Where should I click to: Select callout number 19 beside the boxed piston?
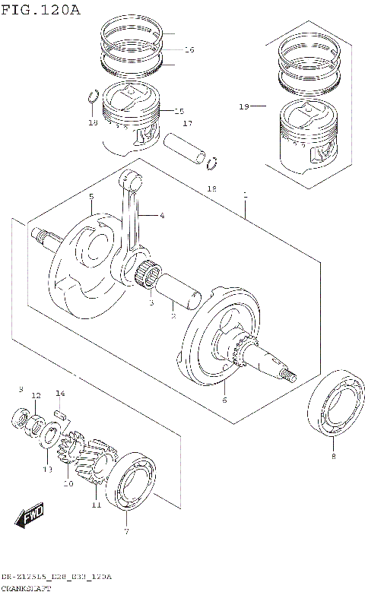(x=243, y=107)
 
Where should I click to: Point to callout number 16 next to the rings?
(x=189, y=49)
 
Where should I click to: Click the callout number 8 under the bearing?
(x=332, y=457)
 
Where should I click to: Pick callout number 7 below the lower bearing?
(x=126, y=532)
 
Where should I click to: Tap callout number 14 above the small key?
(x=60, y=393)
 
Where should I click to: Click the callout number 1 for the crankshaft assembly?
(x=245, y=196)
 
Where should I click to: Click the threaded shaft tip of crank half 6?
(x=288, y=375)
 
